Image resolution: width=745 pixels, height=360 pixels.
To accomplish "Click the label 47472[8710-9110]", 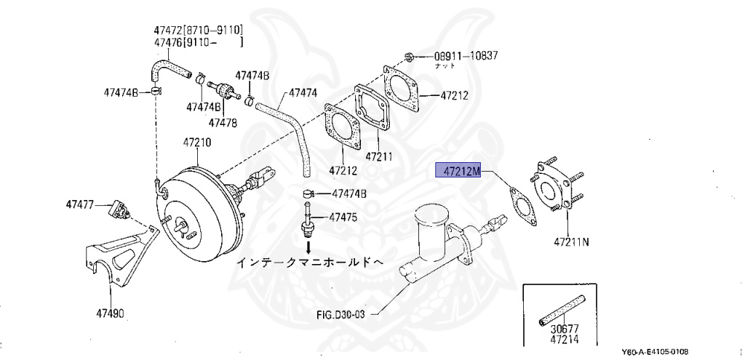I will (197, 31).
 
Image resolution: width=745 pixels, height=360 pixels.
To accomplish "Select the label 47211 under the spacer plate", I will (378, 156).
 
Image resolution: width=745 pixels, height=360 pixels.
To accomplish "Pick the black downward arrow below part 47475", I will (308, 247).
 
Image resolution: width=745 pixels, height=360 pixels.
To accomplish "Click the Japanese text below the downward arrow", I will (309, 262).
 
